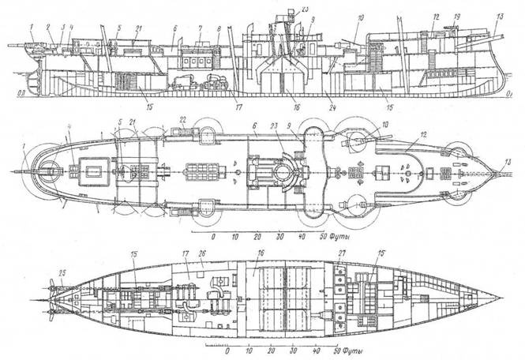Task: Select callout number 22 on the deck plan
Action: pos(183,119)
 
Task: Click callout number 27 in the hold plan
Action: pos(343,253)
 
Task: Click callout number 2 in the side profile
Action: pos(47,26)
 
